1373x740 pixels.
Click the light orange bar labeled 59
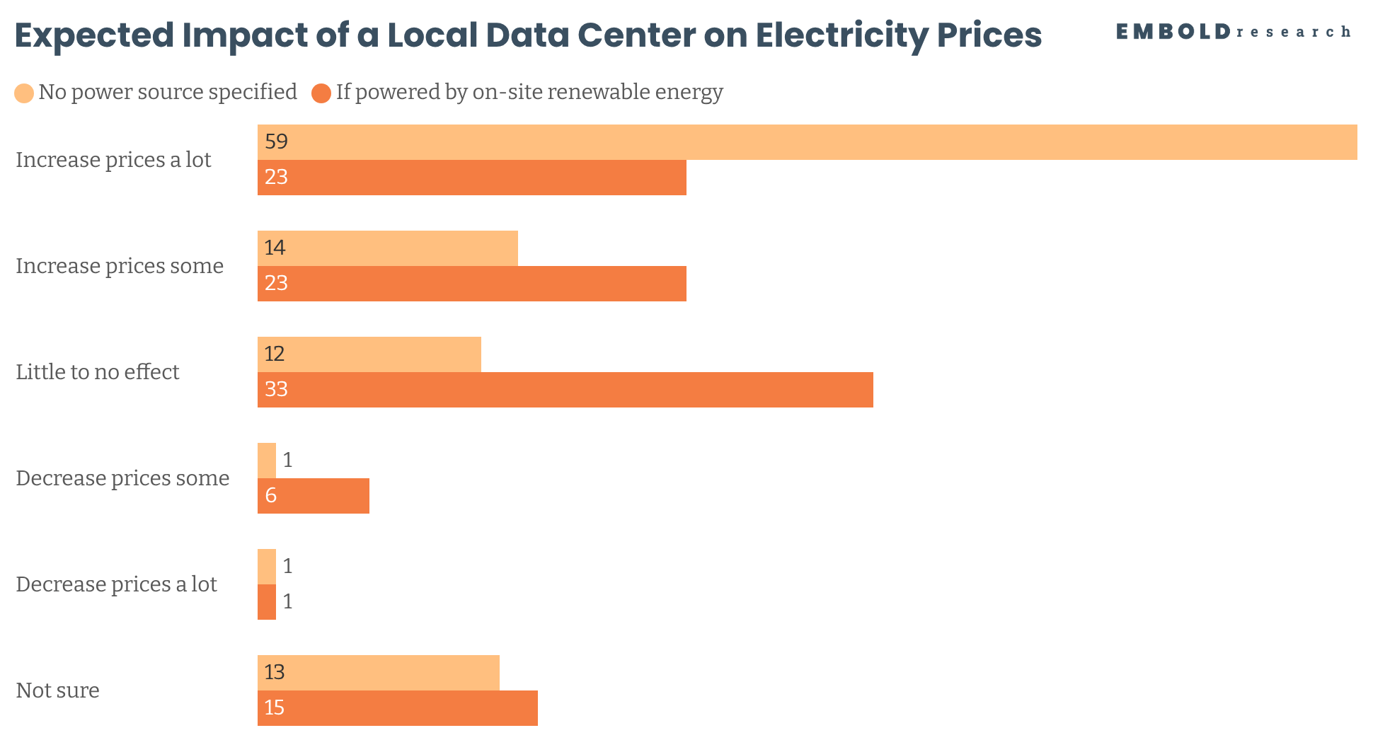click(808, 142)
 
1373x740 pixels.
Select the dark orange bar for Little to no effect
click(565, 390)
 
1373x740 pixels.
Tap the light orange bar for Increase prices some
click(388, 248)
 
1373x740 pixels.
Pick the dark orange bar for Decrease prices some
click(314, 496)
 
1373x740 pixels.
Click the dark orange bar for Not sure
click(398, 708)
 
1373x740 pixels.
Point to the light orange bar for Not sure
click(379, 673)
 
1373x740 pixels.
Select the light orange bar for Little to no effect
click(369, 354)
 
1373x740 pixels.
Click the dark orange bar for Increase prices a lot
click(472, 178)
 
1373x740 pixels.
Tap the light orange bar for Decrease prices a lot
click(267, 567)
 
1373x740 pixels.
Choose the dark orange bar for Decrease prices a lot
click(267, 602)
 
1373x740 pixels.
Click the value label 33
click(276, 389)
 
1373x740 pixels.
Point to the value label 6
click(271, 495)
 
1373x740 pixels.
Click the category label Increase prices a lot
click(113, 160)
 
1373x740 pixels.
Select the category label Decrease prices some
click(122, 478)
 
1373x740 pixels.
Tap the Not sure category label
click(57, 690)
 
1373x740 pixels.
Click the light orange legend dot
click(24, 93)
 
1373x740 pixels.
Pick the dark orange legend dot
click(321, 93)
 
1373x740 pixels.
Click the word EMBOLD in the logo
click(1173, 32)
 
